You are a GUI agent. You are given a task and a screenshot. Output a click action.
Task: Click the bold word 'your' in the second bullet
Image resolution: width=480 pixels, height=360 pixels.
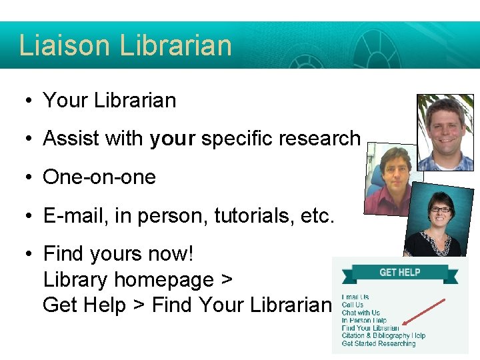tap(172, 139)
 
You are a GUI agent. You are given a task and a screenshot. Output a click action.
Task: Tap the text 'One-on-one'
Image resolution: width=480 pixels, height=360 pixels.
tap(99, 177)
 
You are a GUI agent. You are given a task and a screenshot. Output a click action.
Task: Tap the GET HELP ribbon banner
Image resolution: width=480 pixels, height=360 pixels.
tap(399, 272)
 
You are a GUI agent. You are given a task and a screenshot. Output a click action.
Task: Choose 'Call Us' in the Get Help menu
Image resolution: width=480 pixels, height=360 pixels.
tap(353, 305)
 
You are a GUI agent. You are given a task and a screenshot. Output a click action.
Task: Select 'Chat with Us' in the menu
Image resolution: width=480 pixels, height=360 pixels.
tap(361, 313)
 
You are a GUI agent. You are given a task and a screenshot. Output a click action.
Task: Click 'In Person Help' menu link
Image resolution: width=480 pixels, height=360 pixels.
tap(364, 321)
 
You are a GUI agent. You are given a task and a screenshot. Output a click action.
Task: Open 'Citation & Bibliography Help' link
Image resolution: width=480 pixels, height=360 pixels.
tap(383, 336)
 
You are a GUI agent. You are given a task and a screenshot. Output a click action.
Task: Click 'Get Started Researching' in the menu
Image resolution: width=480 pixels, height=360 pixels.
tap(378, 344)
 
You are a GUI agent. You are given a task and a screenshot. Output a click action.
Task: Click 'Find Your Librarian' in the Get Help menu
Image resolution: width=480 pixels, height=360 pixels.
tap(370, 328)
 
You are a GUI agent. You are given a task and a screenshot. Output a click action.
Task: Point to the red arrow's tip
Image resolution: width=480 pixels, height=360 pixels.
tap(403, 326)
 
